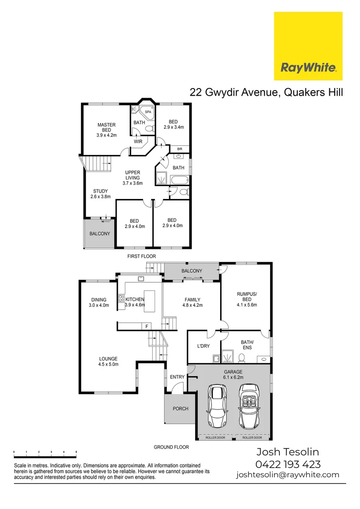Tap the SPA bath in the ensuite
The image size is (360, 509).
pyautogui.click(x=147, y=112)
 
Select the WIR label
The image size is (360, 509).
pyautogui.click(x=138, y=141)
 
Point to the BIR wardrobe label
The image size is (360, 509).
pyautogui.click(x=180, y=149)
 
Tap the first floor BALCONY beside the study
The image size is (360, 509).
pyautogui.click(x=99, y=234)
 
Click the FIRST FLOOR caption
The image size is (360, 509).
pyautogui.click(x=141, y=256)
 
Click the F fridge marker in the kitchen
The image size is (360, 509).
pyautogui.click(x=147, y=326)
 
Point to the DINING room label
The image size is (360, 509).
pyautogui.click(x=98, y=302)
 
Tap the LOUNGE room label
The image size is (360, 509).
pyautogui.click(x=108, y=361)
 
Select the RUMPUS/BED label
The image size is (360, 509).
pyautogui.click(x=246, y=299)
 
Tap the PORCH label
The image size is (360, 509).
pyautogui.click(x=180, y=409)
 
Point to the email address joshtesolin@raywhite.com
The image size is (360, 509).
pyautogui.click(x=287, y=475)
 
